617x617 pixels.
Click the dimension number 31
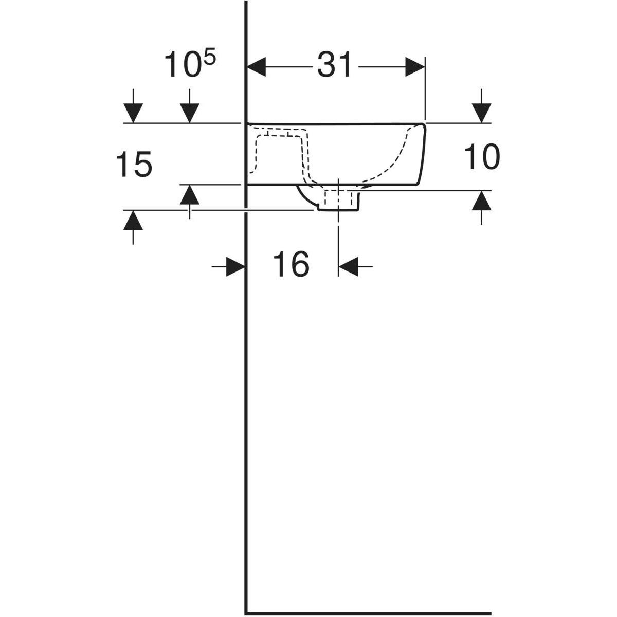point(334,65)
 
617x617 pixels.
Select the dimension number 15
point(134,165)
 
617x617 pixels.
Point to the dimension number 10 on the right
point(482,157)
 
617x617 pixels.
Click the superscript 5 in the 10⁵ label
point(210,60)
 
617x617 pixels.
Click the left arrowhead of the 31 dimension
point(256,67)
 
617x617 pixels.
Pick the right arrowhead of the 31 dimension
point(415,67)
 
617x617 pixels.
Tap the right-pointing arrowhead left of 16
point(235,266)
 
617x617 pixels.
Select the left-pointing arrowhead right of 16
point(349,266)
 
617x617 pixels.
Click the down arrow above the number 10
point(482,113)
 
